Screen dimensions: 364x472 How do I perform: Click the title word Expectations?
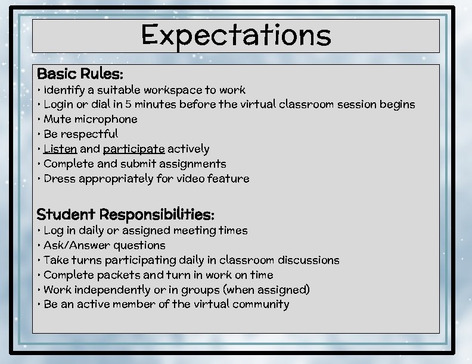click(x=236, y=35)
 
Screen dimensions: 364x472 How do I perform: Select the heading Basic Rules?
click(x=80, y=74)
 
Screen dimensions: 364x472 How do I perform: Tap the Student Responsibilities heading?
click(x=125, y=214)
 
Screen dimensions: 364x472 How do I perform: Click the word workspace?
click(x=173, y=90)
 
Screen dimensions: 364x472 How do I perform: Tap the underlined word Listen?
click(x=60, y=149)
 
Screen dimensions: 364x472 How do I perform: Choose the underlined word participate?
click(x=133, y=149)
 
